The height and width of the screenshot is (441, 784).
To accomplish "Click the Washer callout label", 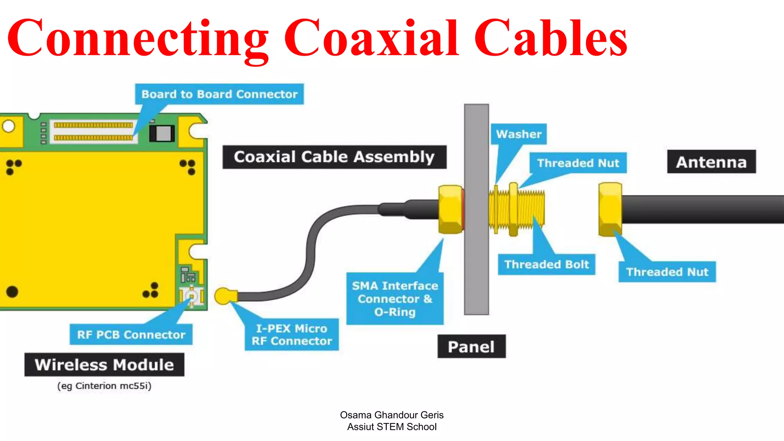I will coord(519,134).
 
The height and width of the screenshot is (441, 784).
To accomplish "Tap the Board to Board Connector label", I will coord(219,94).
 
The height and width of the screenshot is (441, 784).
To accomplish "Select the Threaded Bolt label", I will coord(546,265).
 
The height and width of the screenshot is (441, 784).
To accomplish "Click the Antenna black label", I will coord(711,162).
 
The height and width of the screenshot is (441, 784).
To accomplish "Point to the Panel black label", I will coord(471,347).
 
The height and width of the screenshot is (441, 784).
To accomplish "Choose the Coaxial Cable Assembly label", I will coord(334,157).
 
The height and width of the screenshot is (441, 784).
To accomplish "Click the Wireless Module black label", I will coord(104,365).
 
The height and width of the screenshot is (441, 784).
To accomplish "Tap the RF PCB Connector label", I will coord(131,335).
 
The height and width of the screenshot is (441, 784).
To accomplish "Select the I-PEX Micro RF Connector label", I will coord(292,335).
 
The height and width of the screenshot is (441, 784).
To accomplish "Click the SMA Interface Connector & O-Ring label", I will coord(395,299).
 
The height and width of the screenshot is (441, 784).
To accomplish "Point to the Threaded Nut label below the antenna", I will coord(667,272).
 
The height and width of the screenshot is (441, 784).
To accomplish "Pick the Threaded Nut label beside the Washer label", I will coord(578,163).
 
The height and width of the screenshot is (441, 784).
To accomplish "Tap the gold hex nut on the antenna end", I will coord(610,209).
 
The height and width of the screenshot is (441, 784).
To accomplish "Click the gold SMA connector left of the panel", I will coord(451,209).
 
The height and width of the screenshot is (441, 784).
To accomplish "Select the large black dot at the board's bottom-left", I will coord(12,292).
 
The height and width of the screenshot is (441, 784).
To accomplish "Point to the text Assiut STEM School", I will coord(392,427).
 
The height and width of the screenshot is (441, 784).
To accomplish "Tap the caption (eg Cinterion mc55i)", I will coord(104,386).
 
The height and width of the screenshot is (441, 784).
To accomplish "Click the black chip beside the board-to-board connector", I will coord(162,133).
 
